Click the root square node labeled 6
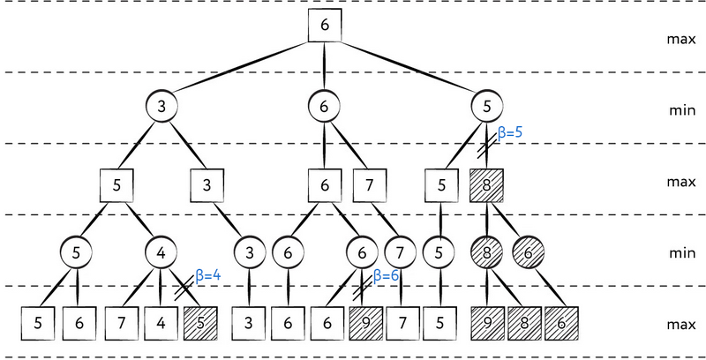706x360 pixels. tap(325, 26)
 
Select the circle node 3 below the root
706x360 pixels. tap(162, 108)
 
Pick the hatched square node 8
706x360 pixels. tap(486, 186)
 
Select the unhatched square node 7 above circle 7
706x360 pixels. tap(369, 186)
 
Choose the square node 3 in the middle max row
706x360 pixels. tap(207, 186)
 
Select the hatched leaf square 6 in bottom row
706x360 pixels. tap(562, 322)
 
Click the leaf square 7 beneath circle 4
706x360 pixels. tap(122, 322)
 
